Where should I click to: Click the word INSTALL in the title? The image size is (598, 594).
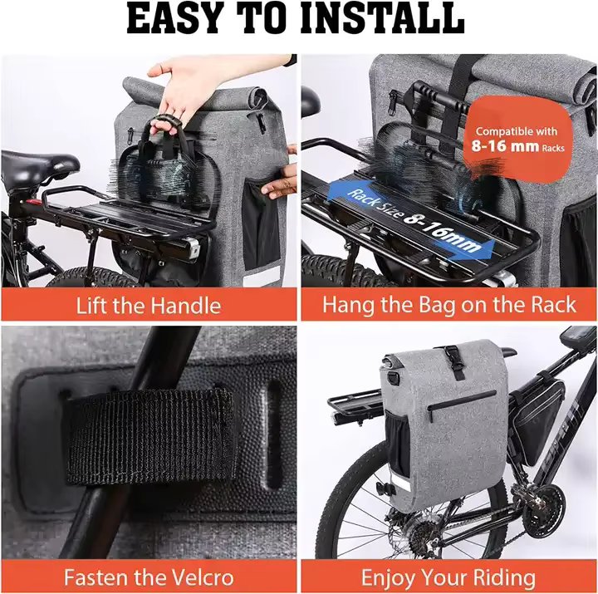pos(383,18)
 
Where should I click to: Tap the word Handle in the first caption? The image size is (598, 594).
pos(185,306)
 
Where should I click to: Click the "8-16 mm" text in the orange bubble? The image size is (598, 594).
pos(505,145)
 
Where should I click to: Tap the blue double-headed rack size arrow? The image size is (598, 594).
pos(411,220)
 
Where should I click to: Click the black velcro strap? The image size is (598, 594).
pos(149,437)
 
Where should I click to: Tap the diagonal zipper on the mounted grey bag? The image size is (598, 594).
pos(462,404)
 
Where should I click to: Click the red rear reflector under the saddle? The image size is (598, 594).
pos(32,201)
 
